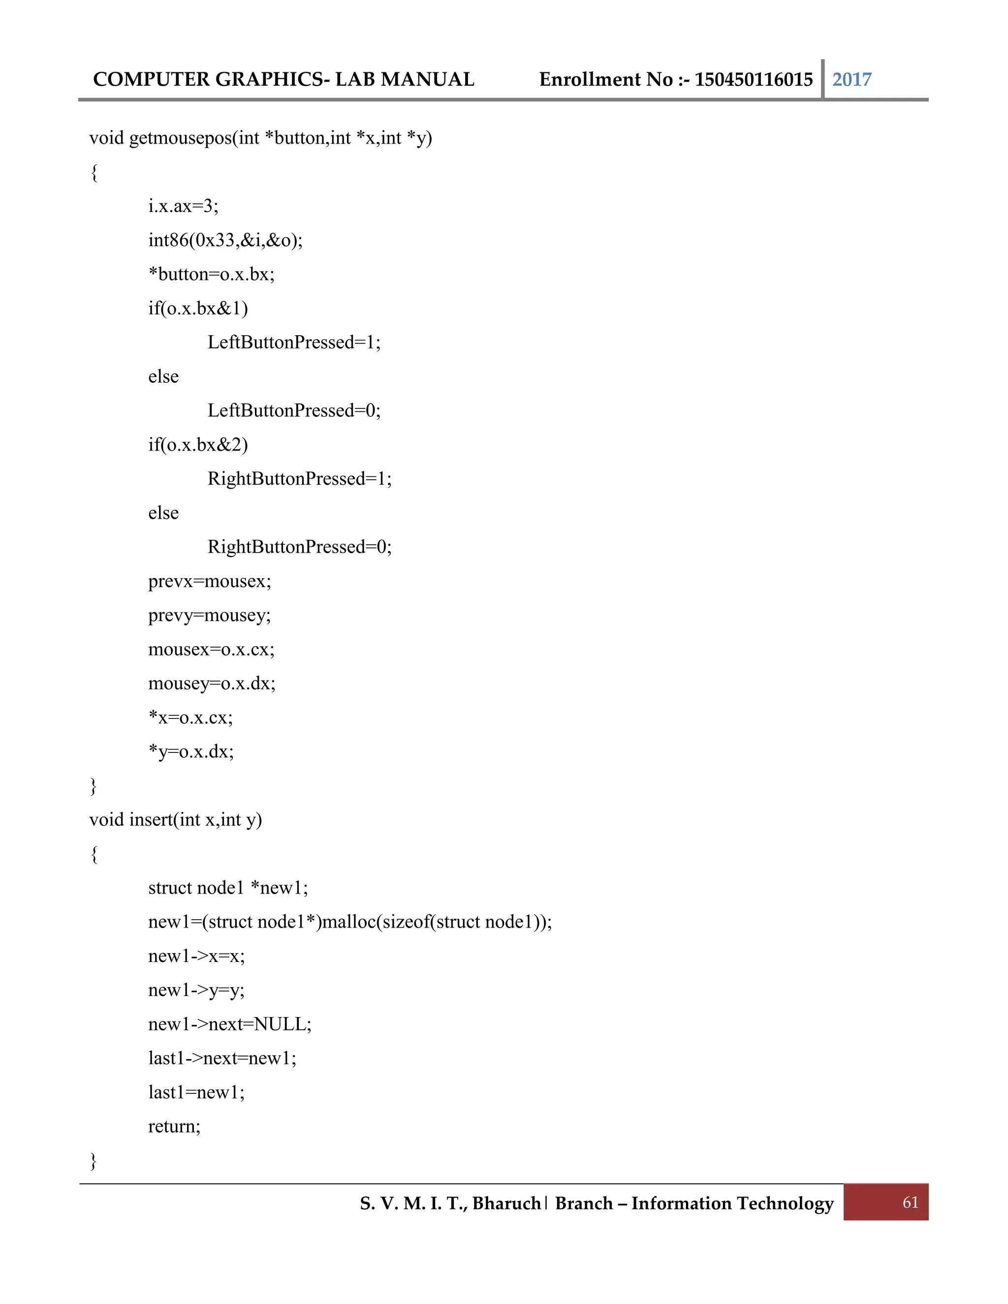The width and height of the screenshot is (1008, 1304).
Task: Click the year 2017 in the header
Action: point(851,79)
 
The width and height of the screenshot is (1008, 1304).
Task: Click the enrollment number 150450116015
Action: point(754,79)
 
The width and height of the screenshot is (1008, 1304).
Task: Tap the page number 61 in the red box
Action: point(910,1203)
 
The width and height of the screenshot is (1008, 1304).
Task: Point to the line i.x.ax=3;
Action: point(183,206)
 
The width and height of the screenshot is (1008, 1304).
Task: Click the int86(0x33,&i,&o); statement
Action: point(225,240)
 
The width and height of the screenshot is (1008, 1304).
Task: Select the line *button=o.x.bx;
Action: point(211,274)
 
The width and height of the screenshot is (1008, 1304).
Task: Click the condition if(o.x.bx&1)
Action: point(198,308)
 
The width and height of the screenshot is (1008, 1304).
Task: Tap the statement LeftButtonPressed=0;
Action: point(294,410)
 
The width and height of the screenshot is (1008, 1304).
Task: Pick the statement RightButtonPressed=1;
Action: point(299,478)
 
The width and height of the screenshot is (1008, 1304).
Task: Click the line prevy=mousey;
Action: point(210,615)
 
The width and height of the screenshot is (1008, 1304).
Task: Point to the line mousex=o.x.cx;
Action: point(211,649)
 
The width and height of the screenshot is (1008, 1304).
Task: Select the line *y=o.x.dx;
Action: point(191,751)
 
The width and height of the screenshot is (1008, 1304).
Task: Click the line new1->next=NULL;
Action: point(230,1024)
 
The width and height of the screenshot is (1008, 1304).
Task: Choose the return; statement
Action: point(174,1126)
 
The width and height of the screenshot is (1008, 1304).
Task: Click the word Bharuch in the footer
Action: point(506,1203)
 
